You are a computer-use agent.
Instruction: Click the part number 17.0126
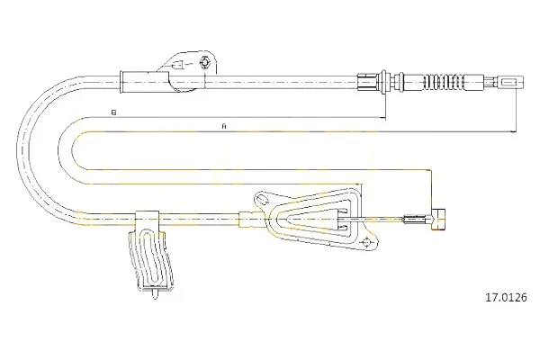[x=506, y=297]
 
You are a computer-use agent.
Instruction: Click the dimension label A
[x=224, y=126]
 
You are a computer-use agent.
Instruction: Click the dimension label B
[x=114, y=112]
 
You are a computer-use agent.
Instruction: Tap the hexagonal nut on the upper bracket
[x=204, y=63]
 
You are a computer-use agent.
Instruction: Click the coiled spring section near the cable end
[x=444, y=83]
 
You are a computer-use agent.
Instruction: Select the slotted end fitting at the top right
[x=510, y=83]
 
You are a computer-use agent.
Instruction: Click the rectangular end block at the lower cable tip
[x=437, y=219]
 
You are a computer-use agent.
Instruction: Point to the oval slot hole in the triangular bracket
[x=263, y=200]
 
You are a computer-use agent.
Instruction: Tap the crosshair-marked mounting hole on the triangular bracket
[x=366, y=242]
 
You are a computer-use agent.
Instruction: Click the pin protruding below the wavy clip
[x=155, y=294]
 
